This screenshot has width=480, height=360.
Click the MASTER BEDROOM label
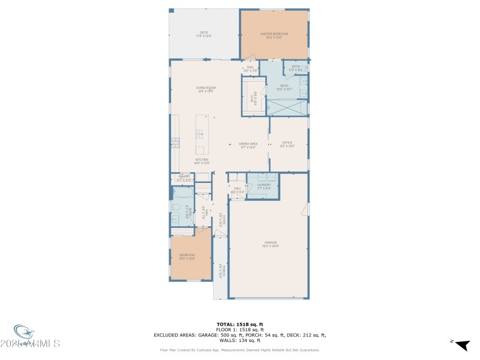pyautogui.click(x=274, y=35)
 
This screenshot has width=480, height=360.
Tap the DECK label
pyautogui.click(x=204, y=34)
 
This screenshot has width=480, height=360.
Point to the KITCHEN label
pyautogui.click(x=201, y=161)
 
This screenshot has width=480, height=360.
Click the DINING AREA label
pyautogui.click(x=248, y=145)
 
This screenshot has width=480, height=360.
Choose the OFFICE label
pyautogui.click(x=287, y=144)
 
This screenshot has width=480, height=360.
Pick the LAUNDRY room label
pyautogui.click(x=264, y=186)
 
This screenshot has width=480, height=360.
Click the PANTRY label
pyautogui.click(x=184, y=178)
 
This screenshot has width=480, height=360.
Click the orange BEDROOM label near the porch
pyautogui.click(x=187, y=257)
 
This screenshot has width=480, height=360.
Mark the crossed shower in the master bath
pyautogui.click(x=287, y=108)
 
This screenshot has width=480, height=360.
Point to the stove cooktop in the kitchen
pyautogui.click(x=175, y=142)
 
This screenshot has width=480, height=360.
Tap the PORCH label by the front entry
pyautogui.click(x=220, y=271)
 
